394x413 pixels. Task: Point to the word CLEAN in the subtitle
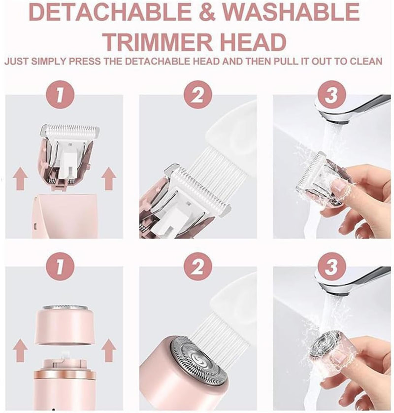point(364,62)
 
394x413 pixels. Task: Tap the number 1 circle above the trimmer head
point(60,96)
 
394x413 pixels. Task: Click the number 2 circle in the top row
point(197,96)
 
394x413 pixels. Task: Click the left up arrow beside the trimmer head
point(20,179)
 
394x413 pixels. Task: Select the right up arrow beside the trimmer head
point(109,179)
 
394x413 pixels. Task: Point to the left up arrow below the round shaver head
point(20,351)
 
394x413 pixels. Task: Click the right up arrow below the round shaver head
point(109,351)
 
